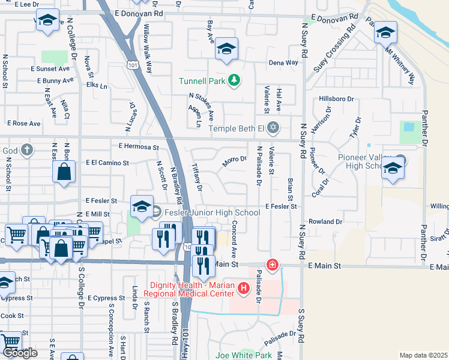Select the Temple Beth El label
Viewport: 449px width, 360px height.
point(236,128)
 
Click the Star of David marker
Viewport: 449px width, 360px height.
point(274,127)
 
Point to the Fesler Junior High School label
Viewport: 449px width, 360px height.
point(205,212)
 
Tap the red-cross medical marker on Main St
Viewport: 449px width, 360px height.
point(273,264)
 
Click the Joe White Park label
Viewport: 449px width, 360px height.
point(244,355)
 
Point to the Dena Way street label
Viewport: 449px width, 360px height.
point(283,62)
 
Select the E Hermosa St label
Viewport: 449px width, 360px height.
point(138,146)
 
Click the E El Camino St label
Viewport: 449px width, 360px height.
point(107,163)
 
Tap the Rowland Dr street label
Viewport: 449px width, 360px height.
point(325,221)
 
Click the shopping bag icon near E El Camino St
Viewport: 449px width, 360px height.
point(64,172)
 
